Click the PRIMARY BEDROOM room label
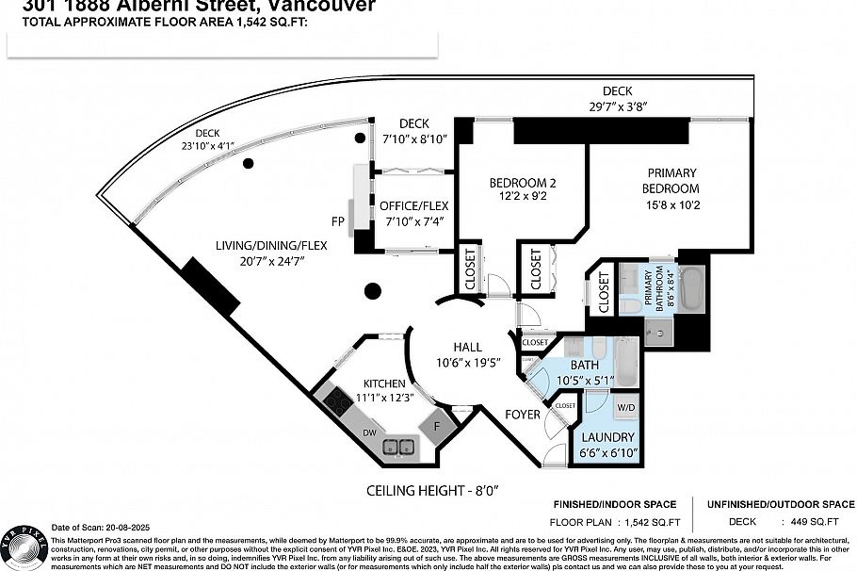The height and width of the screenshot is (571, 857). click(x=671, y=180)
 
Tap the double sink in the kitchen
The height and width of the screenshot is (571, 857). click(x=401, y=447)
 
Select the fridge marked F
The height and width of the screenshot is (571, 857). click(x=437, y=425)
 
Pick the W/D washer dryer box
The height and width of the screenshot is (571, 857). click(x=626, y=408)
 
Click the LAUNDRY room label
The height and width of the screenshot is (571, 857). click(x=607, y=437)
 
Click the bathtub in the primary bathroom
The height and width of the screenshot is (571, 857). click(x=692, y=289)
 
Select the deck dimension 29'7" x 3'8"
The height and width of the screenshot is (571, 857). click(x=617, y=106)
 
